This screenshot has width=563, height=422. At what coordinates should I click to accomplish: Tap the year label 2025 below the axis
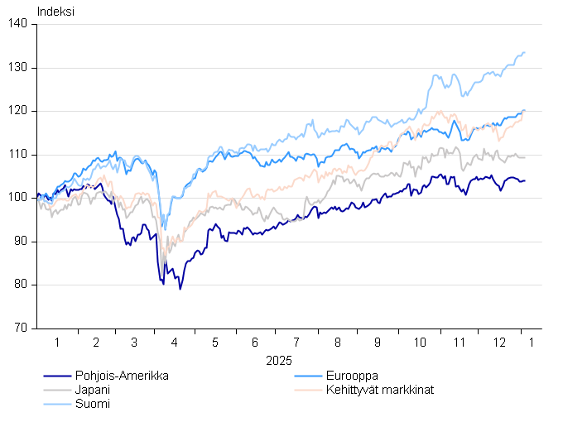click(279, 361)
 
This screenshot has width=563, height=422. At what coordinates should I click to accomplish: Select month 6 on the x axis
click(255, 342)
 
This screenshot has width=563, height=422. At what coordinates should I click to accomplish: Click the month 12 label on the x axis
click(499, 342)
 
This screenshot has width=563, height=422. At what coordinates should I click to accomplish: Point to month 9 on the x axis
click(378, 342)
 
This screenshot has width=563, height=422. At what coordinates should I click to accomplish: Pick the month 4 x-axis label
click(174, 342)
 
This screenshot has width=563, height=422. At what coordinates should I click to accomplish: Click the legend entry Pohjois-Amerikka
click(122, 376)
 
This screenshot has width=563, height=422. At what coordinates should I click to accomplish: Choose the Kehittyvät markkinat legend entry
click(380, 390)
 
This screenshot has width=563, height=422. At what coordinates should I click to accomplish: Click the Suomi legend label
click(92, 404)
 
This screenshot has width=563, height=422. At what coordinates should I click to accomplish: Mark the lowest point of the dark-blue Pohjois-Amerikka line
click(180, 289)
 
